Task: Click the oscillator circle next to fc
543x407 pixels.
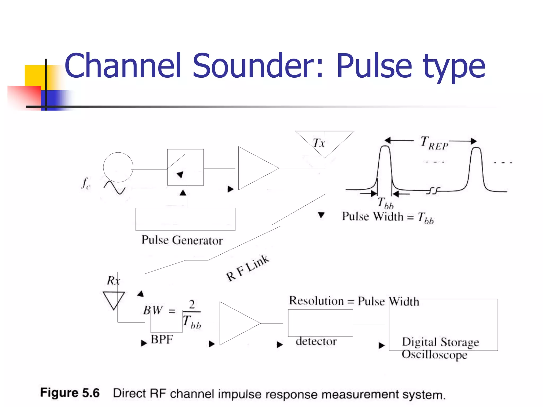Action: click(118, 167)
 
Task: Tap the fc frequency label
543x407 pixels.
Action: click(86, 183)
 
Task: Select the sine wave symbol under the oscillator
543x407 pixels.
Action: click(115, 188)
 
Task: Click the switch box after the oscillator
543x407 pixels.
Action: click(185, 167)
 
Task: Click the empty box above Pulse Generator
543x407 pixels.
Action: click(185, 219)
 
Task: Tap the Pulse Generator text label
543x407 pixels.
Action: click(182, 240)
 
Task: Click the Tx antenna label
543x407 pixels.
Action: click(318, 143)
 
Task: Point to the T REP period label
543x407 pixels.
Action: click(434, 143)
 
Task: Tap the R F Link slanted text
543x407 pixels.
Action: click(247, 268)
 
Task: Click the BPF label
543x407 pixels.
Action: click(162, 339)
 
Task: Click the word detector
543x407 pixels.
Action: click(316, 341)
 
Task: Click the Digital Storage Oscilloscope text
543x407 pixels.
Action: click(440, 348)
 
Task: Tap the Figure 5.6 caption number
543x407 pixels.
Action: click(70, 393)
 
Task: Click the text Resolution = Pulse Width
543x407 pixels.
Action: click(354, 301)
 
